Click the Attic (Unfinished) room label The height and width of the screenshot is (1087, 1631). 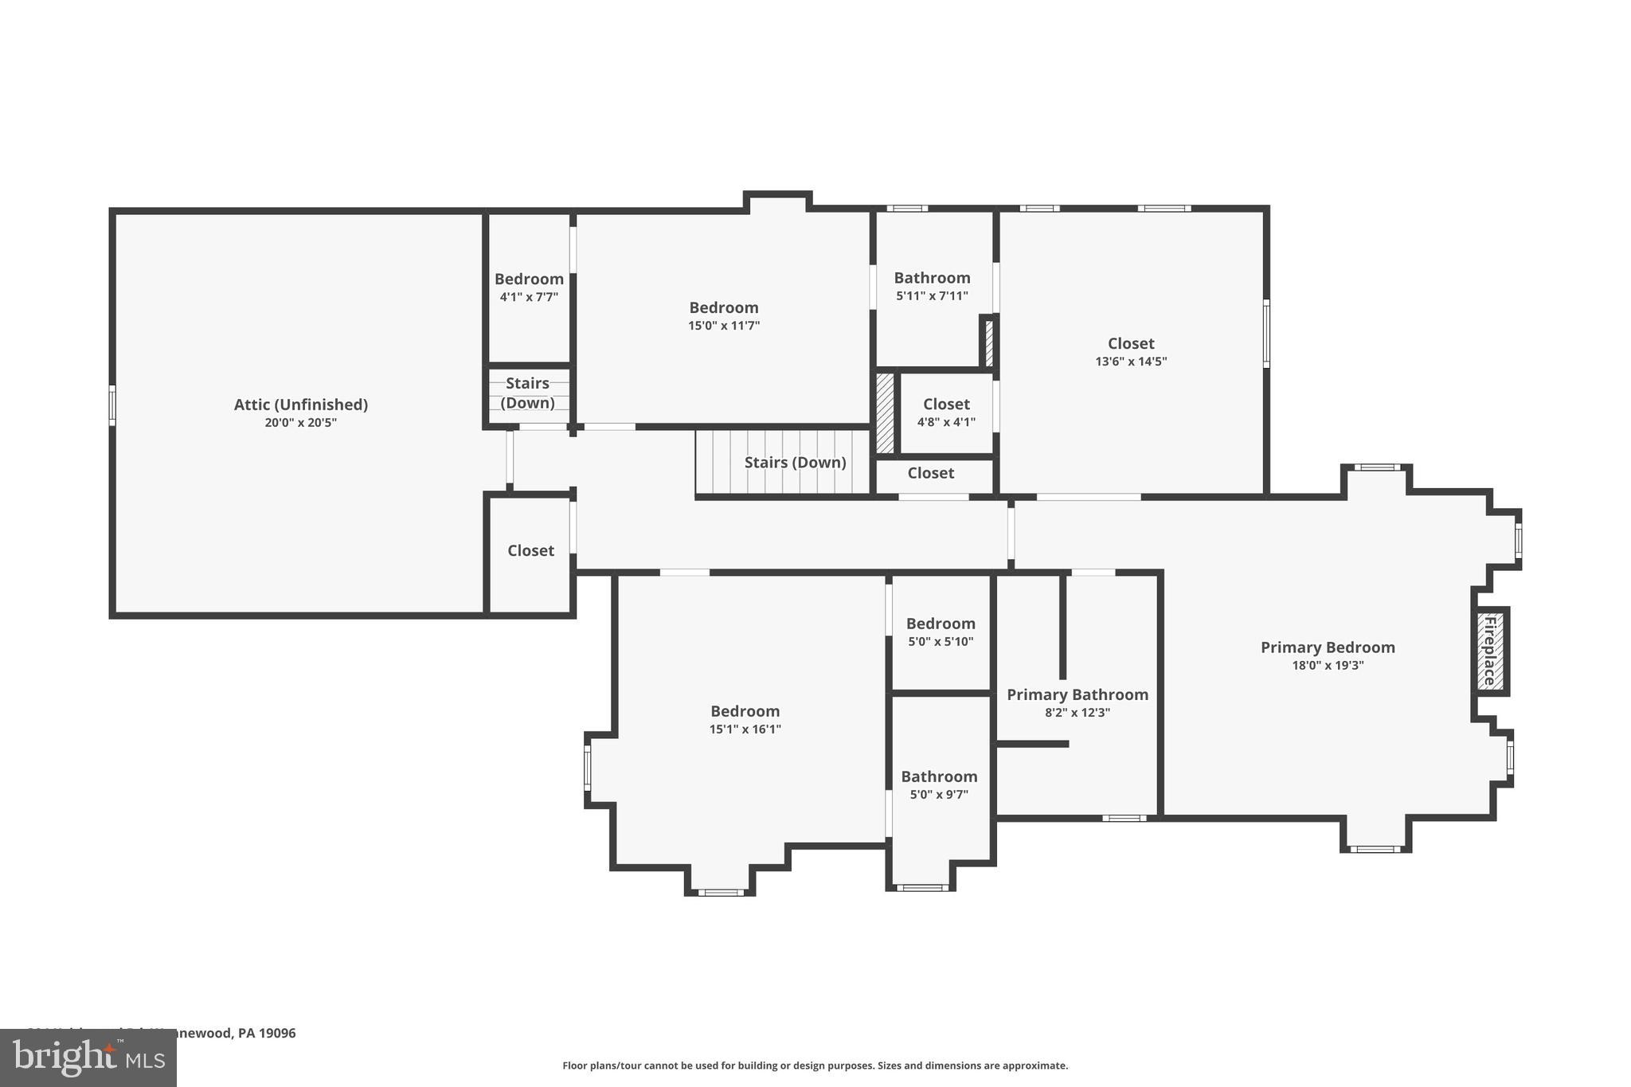pos(300,405)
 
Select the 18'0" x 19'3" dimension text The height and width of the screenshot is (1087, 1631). pos(1327,666)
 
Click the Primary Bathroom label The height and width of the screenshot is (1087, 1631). pos(1077,694)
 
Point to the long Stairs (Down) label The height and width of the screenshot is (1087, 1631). pos(795,463)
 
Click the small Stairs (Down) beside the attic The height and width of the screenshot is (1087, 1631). pos(527,393)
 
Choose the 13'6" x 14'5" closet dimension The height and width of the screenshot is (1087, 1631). pos(1130,362)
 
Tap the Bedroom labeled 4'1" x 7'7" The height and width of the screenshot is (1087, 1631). pos(529,280)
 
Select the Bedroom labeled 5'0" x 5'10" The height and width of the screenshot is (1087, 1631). pos(940,624)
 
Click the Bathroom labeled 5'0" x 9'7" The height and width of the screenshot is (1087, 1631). pos(939,776)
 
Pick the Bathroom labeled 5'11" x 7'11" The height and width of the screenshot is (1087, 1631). pos(932,278)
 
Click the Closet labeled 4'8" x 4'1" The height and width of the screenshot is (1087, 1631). pos(945,405)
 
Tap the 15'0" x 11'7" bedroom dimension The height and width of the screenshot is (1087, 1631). pos(723,326)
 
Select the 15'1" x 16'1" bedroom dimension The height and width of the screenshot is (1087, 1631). pos(745,729)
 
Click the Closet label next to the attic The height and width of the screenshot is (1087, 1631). pos(530,551)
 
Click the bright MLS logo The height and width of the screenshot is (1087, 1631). pos(88,1058)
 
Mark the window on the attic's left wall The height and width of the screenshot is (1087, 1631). pos(112,405)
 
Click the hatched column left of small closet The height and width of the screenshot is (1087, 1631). pos(885,414)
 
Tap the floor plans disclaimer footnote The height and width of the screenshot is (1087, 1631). pos(815,1065)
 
